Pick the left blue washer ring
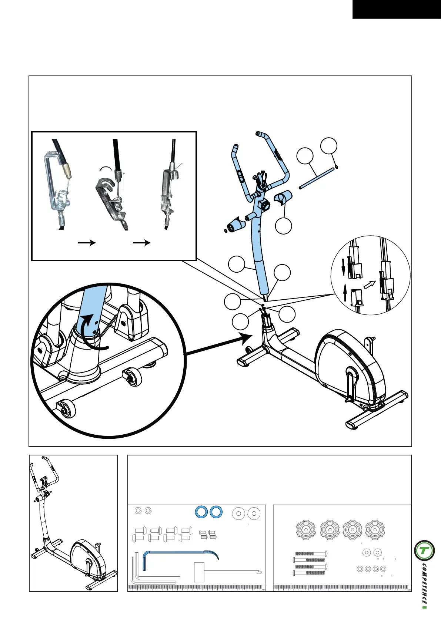pyautogui.click(x=201, y=512)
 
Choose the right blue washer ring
pyautogui.click(x=216, y=512)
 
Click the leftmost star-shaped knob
pyautogui.click(x=306, y=530)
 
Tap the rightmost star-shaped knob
pyautogui.click(x=375, y=530)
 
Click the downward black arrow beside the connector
pyautogui.click(x=343, y=267)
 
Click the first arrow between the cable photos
pyautogui.click(x=87, y=243)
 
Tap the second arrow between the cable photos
pyautogui.click(x=142, y=243)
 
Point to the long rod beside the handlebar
pyautogui.click(x=317, y=178)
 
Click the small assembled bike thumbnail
pyautogui.click(x=73, y=522)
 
